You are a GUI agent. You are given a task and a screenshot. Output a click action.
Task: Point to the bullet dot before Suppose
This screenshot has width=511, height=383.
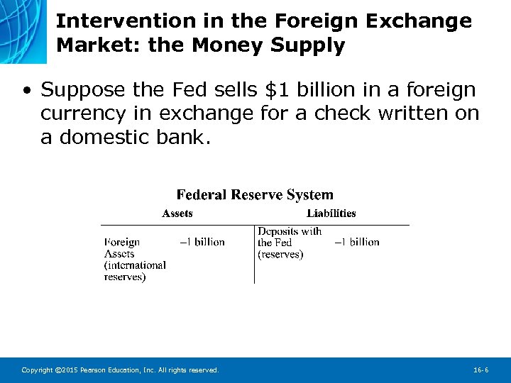click(26, 91)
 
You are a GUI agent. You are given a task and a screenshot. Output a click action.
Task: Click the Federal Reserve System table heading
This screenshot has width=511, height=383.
click(255, 194)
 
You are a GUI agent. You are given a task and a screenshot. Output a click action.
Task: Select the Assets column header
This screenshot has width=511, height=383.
click(177, 213)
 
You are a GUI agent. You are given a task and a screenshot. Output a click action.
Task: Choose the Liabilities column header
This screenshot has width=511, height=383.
click(331, 213)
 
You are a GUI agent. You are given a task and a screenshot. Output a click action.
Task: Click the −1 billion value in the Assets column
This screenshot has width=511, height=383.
click(202, 243)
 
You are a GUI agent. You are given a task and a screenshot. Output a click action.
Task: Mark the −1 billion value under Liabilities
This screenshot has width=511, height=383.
click(357, 243)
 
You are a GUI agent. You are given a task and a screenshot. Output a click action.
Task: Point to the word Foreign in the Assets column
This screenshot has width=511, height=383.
click(122, 243)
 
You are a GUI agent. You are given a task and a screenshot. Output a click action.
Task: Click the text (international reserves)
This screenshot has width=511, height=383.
click(135, 271)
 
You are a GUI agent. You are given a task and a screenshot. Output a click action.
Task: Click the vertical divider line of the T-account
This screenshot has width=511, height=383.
click(255, 255)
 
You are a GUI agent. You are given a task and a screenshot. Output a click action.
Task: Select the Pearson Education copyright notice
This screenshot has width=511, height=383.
click(120, 370)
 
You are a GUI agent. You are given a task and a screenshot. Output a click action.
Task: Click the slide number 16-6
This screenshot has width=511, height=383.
click(480, 370)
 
